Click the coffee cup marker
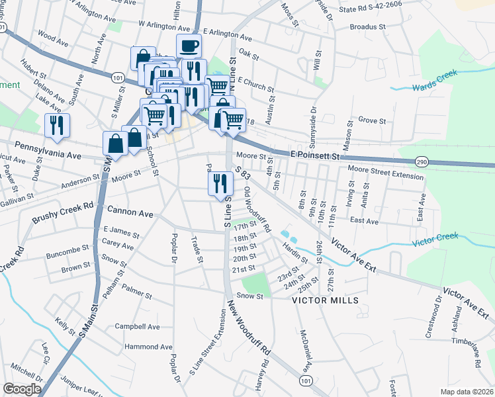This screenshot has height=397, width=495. [189, 47]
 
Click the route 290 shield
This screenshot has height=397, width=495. [422, 161]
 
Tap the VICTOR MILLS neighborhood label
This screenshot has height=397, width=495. [326, 300]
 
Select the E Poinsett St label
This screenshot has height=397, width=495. [315, 154]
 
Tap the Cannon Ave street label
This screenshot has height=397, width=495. [130, 214]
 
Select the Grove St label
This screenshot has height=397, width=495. [371, 121]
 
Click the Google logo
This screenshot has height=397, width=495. [22, 389]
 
